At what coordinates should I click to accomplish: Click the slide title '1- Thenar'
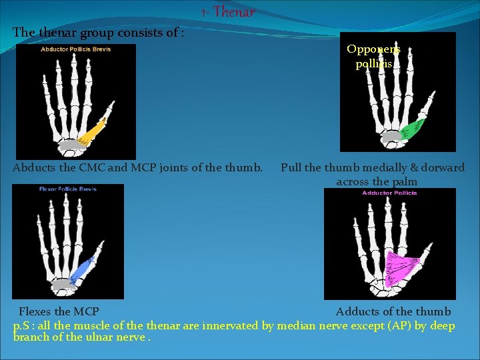click(x=227, y=12)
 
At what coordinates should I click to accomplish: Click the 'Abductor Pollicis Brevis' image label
click(x=76, y=49)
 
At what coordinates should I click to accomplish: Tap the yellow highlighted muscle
click(x=93, y=131)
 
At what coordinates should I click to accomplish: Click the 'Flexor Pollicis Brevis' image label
click(x=68, y=189)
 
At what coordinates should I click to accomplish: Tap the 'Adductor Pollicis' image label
click(x=389, y=193)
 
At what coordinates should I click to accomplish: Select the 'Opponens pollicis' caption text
click(x=373, y=57)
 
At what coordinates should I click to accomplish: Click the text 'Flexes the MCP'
click(x=59, y=312)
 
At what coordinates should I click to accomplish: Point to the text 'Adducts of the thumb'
click(x=393, y=312)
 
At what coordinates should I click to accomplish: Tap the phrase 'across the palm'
click(x=377, y=181)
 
